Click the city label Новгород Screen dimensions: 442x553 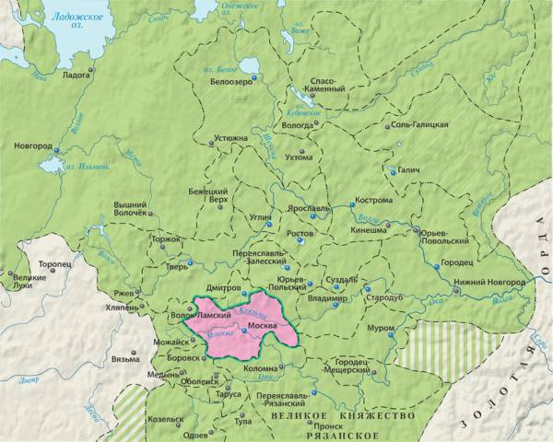(x=32, y=146)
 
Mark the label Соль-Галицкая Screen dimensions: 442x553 (x=420, y=124)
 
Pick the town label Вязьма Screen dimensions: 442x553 (x=124, y=358)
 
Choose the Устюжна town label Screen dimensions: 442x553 (x=230, y=138)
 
